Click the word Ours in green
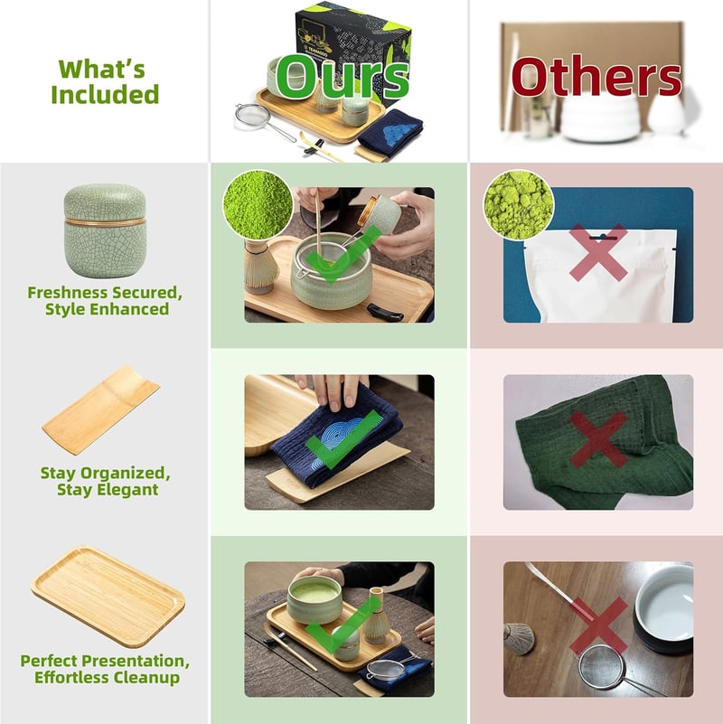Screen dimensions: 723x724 point(343,77)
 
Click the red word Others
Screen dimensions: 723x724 point(596,77)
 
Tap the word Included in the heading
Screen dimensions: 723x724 point(105,94)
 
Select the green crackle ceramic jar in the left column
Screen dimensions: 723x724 point(105,230)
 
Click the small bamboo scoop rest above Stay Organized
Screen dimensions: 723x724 point(100,410)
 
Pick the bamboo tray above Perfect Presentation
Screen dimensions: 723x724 point(108,597)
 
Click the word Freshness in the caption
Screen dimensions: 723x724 point(69,293)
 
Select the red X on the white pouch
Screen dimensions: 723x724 point(598,252)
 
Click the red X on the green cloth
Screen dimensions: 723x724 point(598,439)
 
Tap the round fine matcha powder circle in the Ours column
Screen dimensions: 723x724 point(258,204)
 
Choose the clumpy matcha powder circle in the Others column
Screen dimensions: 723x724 point(519,204)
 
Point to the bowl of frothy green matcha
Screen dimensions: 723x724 point(315,598)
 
